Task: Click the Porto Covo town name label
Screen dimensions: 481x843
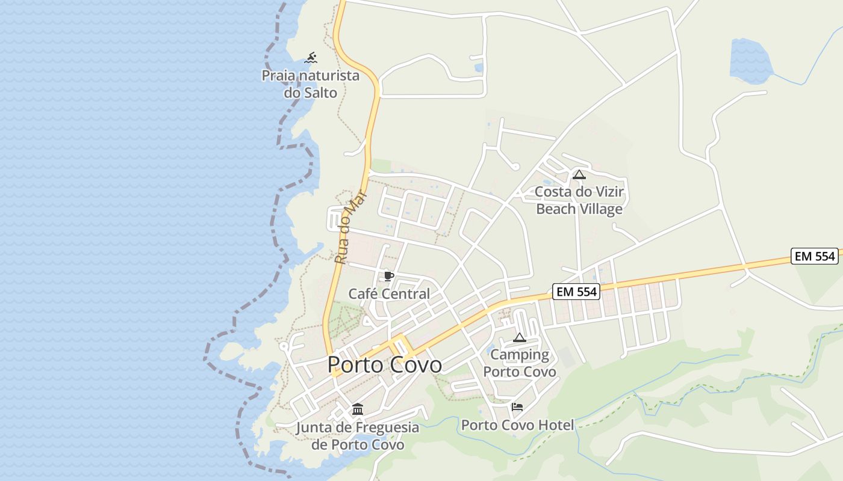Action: [x=385, y=365]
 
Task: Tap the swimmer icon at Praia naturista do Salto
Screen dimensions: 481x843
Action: [x=311, y=58]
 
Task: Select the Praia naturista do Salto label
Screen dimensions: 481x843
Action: [x=310, y=84]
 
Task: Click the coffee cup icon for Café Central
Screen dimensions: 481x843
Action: [x=389, y=277]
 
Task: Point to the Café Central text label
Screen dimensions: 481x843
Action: [x=389, y=294]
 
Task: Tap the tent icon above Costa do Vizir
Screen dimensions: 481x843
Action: [x=579, y=175]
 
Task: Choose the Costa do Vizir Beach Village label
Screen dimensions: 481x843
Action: [x=579, y=200]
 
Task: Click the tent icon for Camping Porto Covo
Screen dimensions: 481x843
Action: [x=520, y=338]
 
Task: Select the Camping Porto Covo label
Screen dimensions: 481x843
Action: [x=520, y=363]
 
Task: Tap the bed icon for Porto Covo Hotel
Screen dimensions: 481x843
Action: [x=517, y=407]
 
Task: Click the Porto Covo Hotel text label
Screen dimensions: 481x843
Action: [x=517, y=425]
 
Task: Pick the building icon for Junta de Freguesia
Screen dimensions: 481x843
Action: [x=358, y=409]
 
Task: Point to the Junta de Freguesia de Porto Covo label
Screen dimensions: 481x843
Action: [x=358, y=436]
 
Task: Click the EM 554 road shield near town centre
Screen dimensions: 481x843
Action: [x=576, y=292]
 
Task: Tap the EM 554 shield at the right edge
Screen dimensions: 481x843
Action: [x=815, y=256]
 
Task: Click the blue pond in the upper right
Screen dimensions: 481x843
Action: [x=750, y=60]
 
